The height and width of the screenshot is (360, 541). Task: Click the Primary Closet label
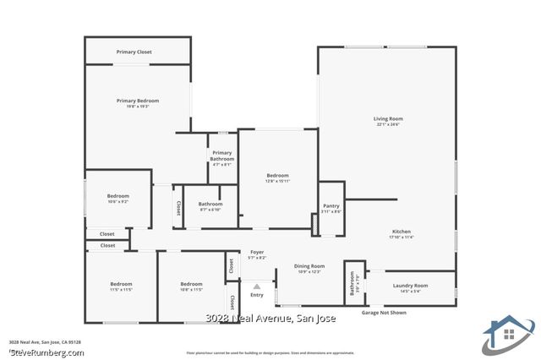(x=134, y=52)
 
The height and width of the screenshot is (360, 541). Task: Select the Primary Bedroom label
(x=138, y=101)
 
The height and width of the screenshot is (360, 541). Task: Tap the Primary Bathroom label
(x=222, y=155)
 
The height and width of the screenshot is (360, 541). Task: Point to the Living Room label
(x=388, y=119)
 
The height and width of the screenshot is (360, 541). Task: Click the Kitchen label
(x=402, y=232)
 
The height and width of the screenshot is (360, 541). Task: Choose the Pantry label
(x=331, y=206)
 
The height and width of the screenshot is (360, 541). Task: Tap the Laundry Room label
(x=411, y=286)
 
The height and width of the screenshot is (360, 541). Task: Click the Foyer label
(x=258, y=252)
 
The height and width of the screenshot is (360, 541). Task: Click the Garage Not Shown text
(x=384, y=313)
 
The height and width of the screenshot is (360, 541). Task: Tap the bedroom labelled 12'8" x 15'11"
(x=277, y=176)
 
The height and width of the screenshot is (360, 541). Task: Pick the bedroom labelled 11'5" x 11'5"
(x=122, y=284)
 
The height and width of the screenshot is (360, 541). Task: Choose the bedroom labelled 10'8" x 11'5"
(x=191, y=284)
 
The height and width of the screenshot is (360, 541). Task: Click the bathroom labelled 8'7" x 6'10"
(x=210, y=204)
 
